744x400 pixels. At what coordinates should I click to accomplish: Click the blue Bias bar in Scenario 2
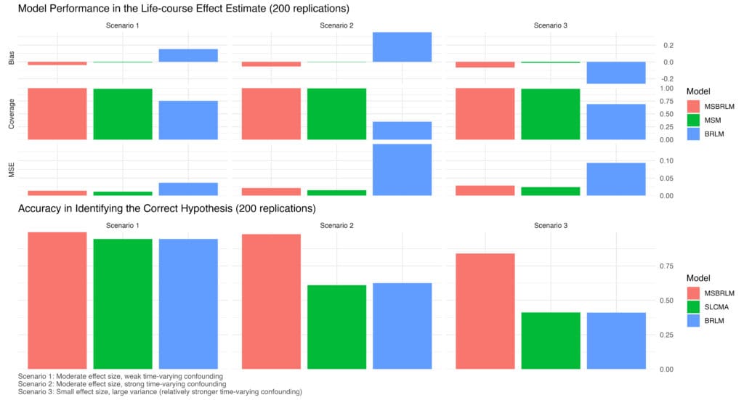pyautogui.click(x=402, y=47)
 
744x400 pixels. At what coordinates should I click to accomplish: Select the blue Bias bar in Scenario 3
pyautogui.click(x=616, y=73)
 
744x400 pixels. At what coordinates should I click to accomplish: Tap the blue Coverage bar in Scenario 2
pyautogui.click(x=402, y=131)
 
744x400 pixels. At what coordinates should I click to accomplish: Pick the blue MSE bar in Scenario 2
pyautogui.click(x=402, y=170)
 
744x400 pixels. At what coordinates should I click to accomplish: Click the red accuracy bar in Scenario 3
pyautogui.click(x=485, y=311)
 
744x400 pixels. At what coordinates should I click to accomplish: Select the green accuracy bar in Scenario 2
pyautogui.click(x=336, y=327)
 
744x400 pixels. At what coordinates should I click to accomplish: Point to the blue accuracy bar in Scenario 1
pyautogui.click(x=188, y=303)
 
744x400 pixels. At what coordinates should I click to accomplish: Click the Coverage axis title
pyautogui.click(x=12, y=114)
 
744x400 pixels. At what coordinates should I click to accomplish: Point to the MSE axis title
pyautogui.click(x=12, y=170)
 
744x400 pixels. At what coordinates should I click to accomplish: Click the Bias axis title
pyautogui.click(x=12, y=58)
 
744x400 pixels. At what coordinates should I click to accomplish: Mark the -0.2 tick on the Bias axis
pyautogui.click(x=668, y=78)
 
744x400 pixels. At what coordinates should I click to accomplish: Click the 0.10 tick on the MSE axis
pyautogui.click(x=667, y=160)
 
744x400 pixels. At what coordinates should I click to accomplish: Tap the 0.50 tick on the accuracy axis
pyautogui.click(x=667, y=301)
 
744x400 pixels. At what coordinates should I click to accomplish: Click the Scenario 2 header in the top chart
pyautogui.click(x=336, y=25)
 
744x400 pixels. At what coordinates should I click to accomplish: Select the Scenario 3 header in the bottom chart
pyautogui.click(x=551, y=226)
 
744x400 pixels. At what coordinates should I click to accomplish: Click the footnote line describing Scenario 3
pyautogui.click(x=160, y=392)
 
